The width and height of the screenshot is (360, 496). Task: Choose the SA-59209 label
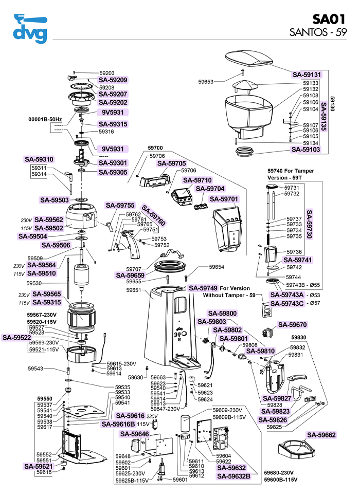coord(113,80)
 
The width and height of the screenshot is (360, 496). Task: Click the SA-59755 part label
coord(120,206)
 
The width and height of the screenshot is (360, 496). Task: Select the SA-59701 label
coord(223,199)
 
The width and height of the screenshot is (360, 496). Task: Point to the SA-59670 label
coord(292,325)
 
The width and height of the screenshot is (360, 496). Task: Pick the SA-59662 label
coord(321,435)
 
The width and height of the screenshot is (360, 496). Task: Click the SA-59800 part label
coord(222,314)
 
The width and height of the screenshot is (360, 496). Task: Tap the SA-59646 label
coord(135,434)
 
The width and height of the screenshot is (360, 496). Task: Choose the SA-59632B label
coord(233,476)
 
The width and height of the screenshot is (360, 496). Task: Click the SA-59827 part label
coord(278,398)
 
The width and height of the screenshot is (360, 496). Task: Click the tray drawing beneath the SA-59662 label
coord(296,452)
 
